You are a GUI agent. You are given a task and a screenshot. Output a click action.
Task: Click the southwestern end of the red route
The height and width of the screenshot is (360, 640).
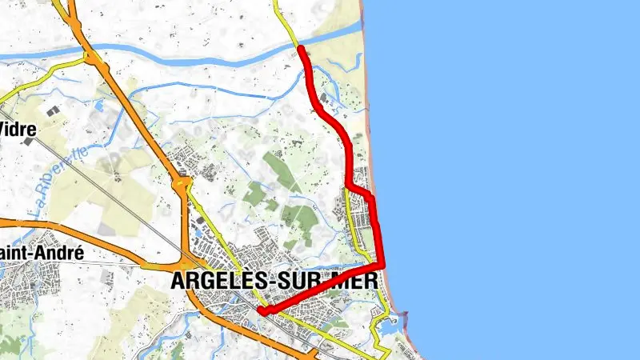pos(261,312)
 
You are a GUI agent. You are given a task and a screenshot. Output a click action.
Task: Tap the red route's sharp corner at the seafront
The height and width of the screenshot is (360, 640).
pos(382,266)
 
